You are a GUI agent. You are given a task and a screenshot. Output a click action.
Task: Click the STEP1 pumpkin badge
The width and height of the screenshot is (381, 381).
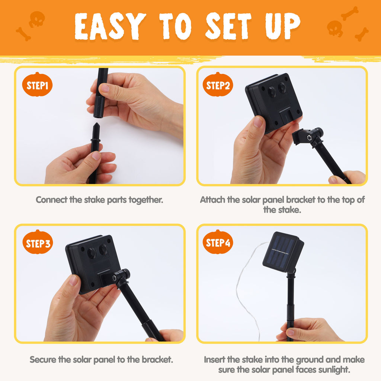point(37,84)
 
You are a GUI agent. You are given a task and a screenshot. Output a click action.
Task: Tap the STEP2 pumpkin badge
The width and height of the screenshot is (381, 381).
point(218,84)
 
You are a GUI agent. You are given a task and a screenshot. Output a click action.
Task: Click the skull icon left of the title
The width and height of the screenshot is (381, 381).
point(37,19)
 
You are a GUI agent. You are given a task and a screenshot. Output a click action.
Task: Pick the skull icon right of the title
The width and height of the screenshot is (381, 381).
point(334,28)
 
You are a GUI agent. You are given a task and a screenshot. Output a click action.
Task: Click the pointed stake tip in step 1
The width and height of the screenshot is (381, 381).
point(96,124)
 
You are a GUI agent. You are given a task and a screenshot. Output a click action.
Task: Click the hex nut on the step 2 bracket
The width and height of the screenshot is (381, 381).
point(309,138)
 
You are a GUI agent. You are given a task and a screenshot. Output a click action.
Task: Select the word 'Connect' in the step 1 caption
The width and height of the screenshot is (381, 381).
point(52,200)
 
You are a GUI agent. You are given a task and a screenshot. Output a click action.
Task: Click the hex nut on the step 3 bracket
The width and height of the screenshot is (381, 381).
point(114,278)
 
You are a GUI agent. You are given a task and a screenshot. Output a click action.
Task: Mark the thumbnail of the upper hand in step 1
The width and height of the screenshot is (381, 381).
point(105,88)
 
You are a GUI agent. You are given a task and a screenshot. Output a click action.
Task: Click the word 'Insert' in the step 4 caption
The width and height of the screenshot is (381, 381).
point(214,359)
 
